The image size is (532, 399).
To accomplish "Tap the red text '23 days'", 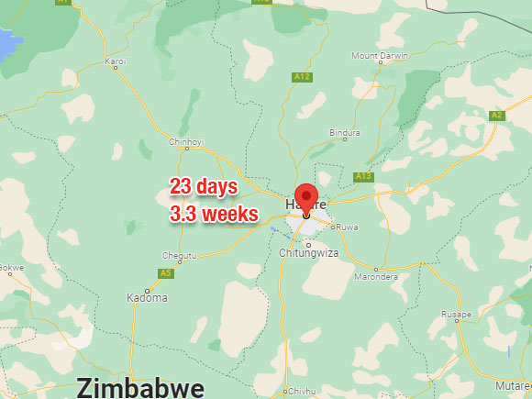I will (204, 187).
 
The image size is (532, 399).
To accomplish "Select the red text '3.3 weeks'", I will (214, 214).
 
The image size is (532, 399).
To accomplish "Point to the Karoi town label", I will (116, 61).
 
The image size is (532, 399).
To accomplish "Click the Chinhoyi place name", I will (187, 142).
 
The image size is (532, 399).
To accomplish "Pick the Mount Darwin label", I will (378, 56).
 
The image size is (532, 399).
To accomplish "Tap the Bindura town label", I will (345, 132).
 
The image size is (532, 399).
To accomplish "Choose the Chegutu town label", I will (180, 255).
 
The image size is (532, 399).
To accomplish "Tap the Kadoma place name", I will (147, 298).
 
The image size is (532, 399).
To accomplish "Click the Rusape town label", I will (456, 313).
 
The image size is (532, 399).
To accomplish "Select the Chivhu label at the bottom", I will (302, 391).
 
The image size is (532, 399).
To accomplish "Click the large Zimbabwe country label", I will (140, 387).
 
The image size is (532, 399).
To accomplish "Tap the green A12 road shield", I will (303, 77).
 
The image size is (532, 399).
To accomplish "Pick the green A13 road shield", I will (363, 176).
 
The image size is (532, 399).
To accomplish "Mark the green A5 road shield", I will (165, 273).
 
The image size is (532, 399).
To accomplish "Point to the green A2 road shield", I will (496, 115).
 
